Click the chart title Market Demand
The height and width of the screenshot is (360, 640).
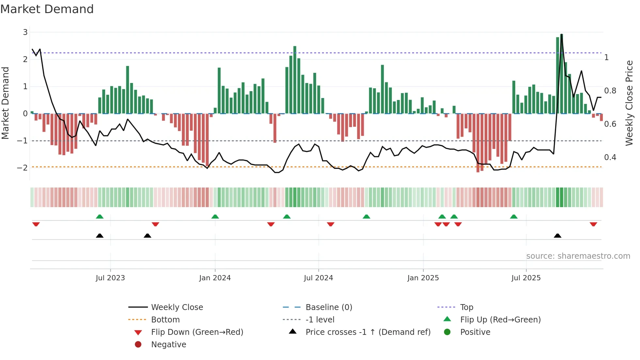pos(47,9)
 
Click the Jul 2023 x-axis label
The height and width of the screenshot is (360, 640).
pos(110,278)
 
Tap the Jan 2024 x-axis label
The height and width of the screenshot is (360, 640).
pos(215,278)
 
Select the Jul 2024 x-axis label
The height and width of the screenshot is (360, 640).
pos(318,278)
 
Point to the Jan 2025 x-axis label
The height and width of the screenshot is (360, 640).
pos(423,278)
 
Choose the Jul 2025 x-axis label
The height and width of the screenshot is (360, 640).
pos(526,278)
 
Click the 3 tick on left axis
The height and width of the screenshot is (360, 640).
pos(25,32)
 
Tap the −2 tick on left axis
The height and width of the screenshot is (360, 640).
pos(23,168)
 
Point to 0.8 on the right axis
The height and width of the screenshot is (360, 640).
pos(610,91)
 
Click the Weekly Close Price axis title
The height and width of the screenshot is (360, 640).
pos(629,103)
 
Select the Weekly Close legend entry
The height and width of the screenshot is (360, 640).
pos(177,307)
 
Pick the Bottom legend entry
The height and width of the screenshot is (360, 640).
pos(165,319)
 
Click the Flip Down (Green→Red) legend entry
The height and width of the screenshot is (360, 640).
pos(197,332)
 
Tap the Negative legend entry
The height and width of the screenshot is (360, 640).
pos(168,344)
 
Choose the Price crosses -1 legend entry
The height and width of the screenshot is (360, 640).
pos(368,332)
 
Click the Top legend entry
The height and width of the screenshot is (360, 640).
pos(467,307)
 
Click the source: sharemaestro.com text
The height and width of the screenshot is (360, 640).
pos(578,256)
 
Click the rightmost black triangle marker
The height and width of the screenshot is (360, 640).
pos(557,236)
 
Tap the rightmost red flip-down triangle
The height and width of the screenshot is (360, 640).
pos(593,224)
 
